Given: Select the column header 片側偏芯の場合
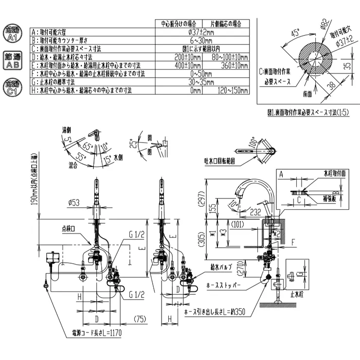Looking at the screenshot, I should (226, 23).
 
